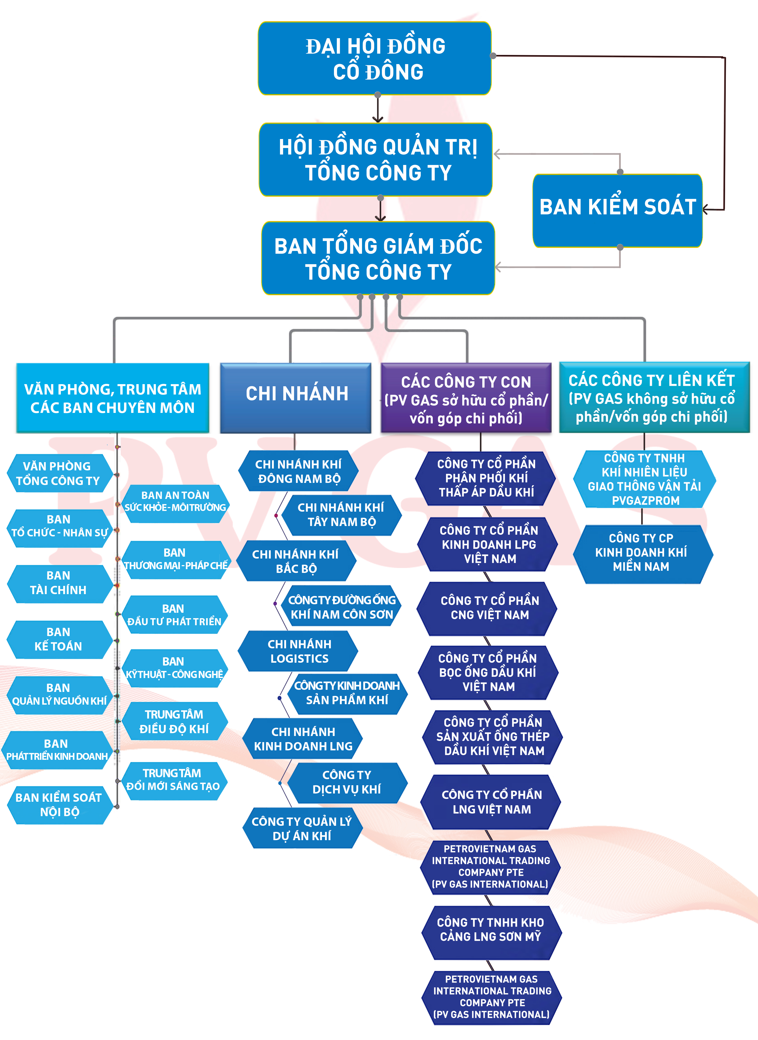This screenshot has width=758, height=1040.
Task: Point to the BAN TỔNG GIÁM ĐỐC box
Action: [x=378, y=258]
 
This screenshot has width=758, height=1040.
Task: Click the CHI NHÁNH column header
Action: [x=296, y=398]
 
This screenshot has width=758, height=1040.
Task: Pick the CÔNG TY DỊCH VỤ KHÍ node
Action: [x=347, y=782]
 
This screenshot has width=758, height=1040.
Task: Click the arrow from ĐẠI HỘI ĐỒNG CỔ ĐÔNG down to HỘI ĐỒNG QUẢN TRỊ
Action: [x=378, y=109]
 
